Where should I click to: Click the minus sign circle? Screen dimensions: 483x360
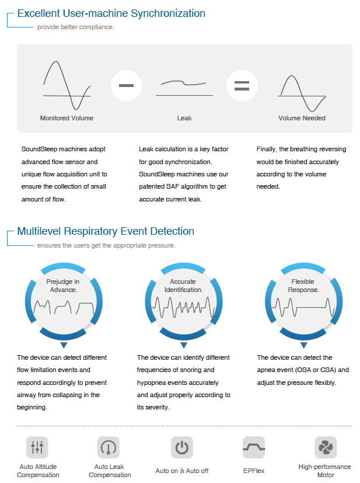[x=126, y=85]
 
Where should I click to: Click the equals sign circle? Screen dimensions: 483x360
[x=242, y=85]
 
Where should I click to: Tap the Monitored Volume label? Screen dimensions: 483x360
[x=67, y=118]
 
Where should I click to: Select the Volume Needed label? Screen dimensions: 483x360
[x=302, y=118]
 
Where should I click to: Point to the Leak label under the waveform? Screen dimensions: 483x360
[x=184, y=118]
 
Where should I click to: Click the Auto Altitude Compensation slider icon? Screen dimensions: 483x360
[x=37, y=447]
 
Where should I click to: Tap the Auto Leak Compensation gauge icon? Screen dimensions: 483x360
[x=109, y=447]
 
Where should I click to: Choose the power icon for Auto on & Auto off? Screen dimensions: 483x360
[x=181, y=447]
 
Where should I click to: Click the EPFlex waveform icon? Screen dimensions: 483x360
[x=254, y=447]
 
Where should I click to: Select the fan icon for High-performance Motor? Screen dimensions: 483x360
[x=325, y=447]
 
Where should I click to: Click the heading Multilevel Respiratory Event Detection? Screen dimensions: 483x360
[x=106, y=231]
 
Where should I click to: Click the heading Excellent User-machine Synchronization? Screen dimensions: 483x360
[x=111, y=13]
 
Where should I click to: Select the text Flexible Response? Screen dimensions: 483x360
[x=303, y=286]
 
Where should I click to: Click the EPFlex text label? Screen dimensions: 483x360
[x=254, y=470]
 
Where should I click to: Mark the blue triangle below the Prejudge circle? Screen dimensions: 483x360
[x=63, y=345]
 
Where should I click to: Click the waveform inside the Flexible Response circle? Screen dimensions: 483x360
[x=303, y=306]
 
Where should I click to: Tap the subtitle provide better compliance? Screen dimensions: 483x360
[x=75, y=27]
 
